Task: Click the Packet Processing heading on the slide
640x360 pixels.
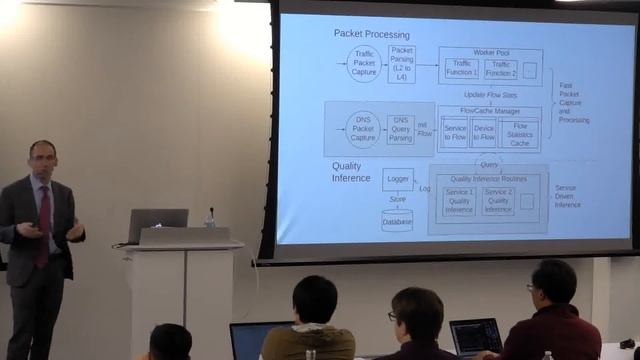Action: (x=371, y=34)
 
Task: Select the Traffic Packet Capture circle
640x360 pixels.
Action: (x=363, y=65)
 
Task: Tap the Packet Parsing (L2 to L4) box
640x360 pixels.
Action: (x=402, y=64)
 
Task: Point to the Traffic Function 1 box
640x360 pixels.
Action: (x=461, y=69)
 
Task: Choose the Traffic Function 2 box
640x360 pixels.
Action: (x=500, y=69)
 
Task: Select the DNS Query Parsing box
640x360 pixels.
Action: (x=401, y=128)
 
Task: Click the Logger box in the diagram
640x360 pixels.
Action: (x=397, y=179)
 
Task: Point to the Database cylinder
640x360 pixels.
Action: (x=397, y=220)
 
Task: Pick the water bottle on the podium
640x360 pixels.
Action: (x=210, y=217)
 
